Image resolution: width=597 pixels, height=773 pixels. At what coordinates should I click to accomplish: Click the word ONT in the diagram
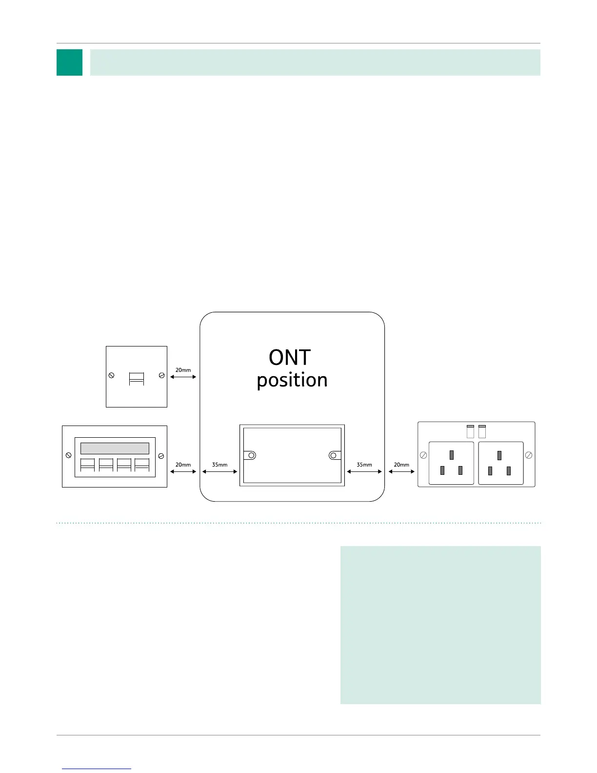click(290, 358)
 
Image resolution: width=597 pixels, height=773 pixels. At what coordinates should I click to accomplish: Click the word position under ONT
click(292, 380)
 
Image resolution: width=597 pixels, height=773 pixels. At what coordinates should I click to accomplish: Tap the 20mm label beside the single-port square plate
click(183, 370)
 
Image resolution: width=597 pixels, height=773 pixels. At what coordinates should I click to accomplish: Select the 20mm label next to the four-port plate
click(183, 465)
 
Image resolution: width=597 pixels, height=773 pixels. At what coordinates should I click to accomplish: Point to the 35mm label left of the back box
click(219, 465)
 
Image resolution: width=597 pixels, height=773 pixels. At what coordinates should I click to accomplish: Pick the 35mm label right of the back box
click(364, 465)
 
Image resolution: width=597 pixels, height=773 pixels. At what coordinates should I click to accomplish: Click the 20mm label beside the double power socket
click(401, 465)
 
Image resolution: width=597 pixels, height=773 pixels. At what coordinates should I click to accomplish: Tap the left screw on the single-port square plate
click(111, 375)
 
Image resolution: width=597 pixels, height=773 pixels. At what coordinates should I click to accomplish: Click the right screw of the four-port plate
click(161, 456)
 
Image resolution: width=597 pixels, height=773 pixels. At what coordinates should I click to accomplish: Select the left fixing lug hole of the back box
click(252, 455)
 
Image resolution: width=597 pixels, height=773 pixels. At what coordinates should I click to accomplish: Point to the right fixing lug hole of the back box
click(333, 455)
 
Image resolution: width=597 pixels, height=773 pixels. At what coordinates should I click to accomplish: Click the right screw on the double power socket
click(528, 455)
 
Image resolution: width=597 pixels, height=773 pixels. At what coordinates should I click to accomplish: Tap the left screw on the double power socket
click(423, 455)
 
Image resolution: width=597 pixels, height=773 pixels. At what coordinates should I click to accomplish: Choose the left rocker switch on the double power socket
click(470, 431)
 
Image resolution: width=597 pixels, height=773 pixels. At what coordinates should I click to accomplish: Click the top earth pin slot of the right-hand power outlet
click(499, 455)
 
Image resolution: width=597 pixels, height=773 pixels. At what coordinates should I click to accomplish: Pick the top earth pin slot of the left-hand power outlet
click(452, 455)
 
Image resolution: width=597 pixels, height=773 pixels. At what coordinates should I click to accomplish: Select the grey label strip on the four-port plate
click(115, 448)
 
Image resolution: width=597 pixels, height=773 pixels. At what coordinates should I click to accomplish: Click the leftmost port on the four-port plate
click(87, 465)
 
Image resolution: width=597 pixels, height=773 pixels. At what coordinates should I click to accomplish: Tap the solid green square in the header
click(69, 62)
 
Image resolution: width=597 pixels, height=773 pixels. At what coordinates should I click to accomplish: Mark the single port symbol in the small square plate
click(137, 379)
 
